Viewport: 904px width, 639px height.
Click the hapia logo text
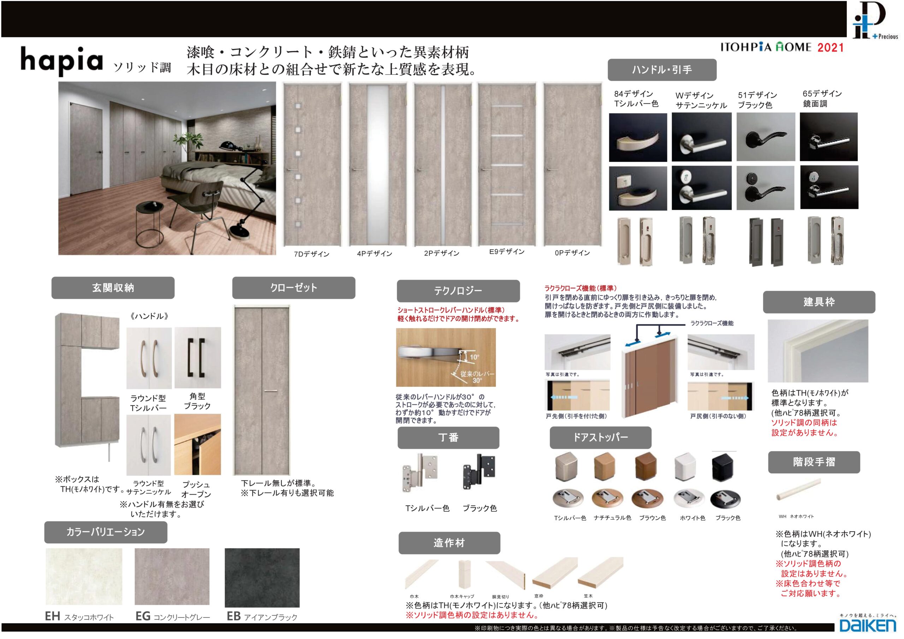click(x=62, y=61)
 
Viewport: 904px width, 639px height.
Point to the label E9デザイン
click(x=507, y=252)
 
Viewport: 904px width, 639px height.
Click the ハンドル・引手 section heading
click(x=662, y=70)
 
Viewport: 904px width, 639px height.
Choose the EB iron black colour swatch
click(x=262, y=578)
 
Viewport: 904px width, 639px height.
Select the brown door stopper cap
click(x=646, y=467)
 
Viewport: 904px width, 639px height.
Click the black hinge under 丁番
click(x=480, y=472)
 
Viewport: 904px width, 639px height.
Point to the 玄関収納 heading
click(x=113, y=288)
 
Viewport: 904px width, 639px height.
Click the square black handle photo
click(x=198, y=358)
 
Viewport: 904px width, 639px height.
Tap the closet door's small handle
click(x=270, y=391)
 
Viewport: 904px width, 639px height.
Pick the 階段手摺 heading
click(x=814, y=462)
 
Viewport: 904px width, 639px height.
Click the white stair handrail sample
click(x=798, y=490)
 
